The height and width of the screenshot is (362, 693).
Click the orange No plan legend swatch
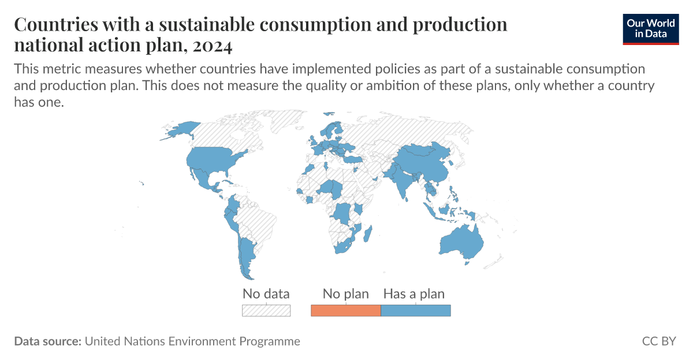click(345, 311)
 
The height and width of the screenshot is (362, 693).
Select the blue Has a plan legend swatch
click(415, 311)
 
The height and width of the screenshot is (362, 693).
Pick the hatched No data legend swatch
click(266, 311)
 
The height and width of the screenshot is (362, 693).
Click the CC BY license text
click(658, 341)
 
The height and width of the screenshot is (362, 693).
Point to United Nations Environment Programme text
click(192, 341)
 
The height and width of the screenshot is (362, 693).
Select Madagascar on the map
click(365, 233)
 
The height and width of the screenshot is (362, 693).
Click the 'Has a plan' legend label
click(414, 293)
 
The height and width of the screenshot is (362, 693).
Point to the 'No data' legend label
click(266, 293)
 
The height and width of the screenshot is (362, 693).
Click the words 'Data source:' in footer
click(47, 341)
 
